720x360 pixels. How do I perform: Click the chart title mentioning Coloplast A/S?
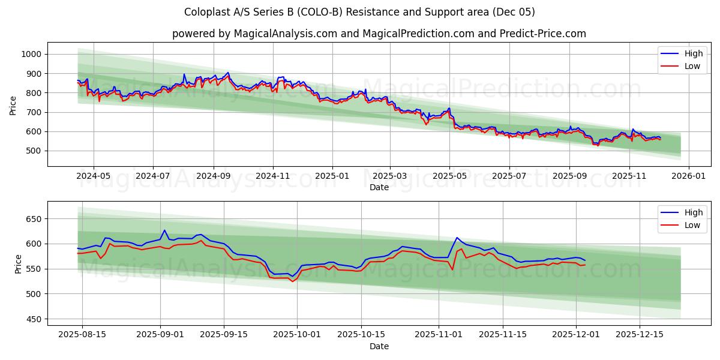[360, 12]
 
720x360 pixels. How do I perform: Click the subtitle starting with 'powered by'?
[379, 34]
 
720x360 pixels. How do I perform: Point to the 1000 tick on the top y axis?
[31, 54]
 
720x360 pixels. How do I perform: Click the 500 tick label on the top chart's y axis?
[33, 151]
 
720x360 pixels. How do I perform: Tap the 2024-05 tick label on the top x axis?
[94, 176]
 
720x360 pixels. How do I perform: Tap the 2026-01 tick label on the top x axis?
[688, 176]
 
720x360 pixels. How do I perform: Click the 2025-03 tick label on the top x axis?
[390, 176]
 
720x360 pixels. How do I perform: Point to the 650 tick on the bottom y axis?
[33, 219]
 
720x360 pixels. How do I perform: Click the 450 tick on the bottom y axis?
[33, 319]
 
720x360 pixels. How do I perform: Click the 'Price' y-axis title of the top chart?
[13, 106]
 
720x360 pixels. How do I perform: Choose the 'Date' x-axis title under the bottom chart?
[379, 346]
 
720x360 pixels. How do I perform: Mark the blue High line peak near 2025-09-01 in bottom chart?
[164, 230]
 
